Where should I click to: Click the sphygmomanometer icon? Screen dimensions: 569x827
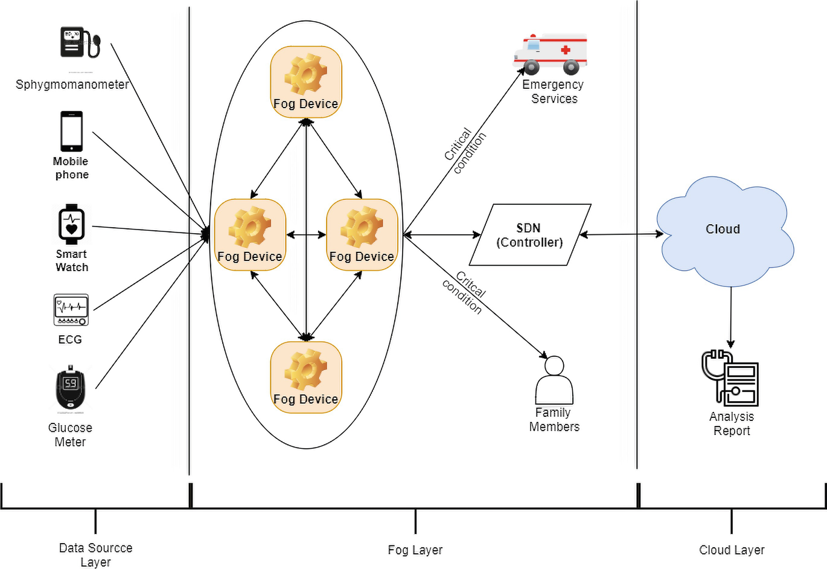[79, 42]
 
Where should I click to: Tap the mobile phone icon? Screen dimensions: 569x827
[71, 131]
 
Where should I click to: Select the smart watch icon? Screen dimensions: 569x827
[71, 224]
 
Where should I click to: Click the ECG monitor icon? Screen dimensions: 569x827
[71, 310]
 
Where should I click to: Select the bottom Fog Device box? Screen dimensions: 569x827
[306, 377]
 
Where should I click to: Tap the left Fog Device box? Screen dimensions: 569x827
[250, 234]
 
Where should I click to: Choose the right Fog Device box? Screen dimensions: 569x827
[362, 234]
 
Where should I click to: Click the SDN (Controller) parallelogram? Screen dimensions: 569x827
[529, 235]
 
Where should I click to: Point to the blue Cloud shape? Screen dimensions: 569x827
[723, 230]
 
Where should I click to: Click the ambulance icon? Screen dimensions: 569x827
[550, 53]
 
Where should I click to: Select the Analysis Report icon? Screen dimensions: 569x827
[730, 379]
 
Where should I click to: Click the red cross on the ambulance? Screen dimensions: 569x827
[566, 50]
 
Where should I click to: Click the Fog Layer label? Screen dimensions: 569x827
[415, 550]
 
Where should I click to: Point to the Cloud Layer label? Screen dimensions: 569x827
[732, 550]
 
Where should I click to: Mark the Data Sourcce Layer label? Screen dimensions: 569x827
[95, 555]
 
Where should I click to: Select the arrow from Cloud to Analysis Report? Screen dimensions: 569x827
[731, 317]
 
